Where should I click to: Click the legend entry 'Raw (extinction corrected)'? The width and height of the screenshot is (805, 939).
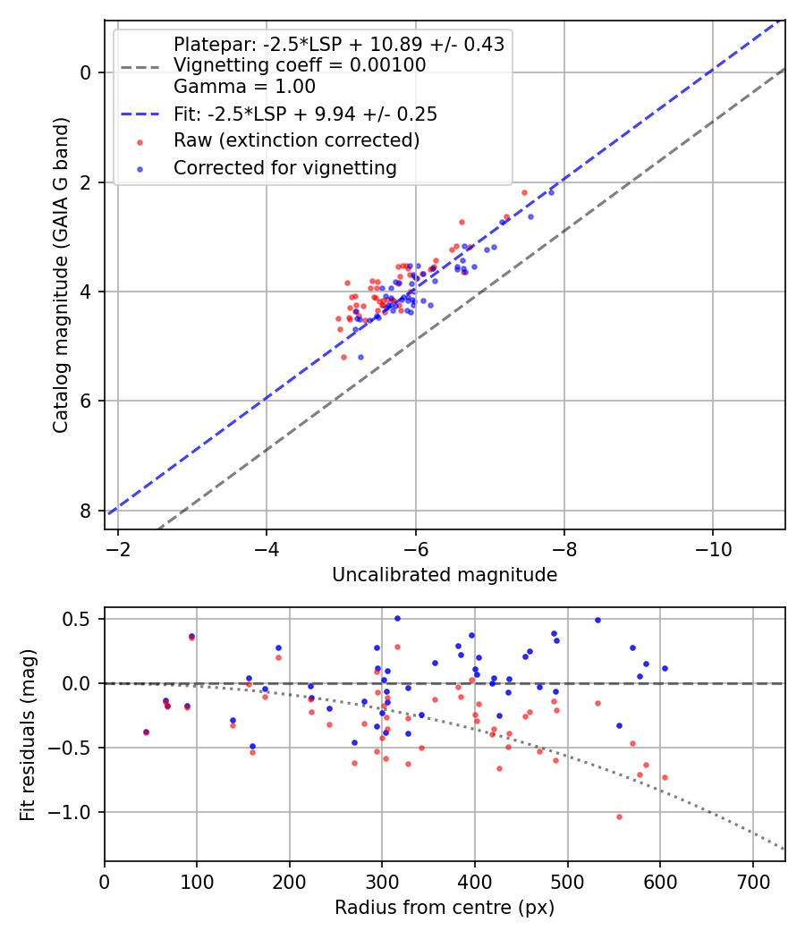point(296,140)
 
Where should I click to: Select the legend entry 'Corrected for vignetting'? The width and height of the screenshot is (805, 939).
point(284,167)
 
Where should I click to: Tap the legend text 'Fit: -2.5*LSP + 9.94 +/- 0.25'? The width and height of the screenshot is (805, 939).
point(305,114)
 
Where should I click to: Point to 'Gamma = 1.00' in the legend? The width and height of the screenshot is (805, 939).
point(244,87)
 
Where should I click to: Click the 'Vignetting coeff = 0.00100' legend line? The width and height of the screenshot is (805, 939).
point(300,65)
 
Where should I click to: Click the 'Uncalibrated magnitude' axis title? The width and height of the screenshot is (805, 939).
point(445,575)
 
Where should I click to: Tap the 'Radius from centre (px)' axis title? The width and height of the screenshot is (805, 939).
point(445,908)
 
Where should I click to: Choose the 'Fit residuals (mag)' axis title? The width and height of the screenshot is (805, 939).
point(28,734)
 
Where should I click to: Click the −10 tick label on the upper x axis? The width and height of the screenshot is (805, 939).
point(712,547)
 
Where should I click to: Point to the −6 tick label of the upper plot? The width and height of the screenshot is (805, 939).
point(415,547)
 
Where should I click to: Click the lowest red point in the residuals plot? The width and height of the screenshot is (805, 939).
point(618,816)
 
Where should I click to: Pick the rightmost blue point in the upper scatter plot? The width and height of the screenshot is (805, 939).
point(551,192)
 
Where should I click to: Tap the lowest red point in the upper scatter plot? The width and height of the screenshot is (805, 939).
point(343,357)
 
